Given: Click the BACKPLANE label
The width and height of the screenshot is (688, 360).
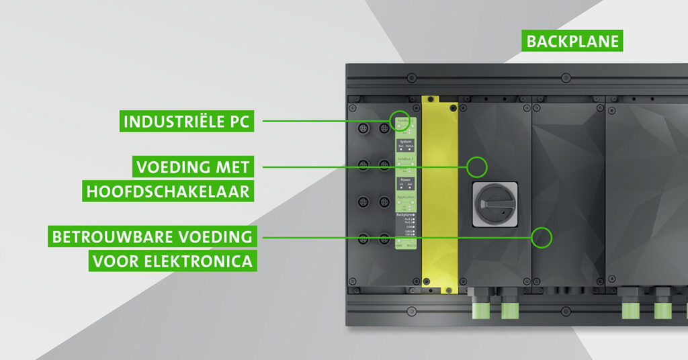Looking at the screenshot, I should pos(571,42).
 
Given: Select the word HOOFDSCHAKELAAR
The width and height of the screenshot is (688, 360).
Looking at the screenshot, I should pos(168,191).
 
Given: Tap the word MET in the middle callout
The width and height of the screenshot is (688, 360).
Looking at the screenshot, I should pos(232,167).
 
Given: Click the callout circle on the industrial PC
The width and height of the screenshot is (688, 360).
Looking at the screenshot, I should pos(399,121).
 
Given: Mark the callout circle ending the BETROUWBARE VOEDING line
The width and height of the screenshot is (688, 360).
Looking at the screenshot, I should pos(542,236).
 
